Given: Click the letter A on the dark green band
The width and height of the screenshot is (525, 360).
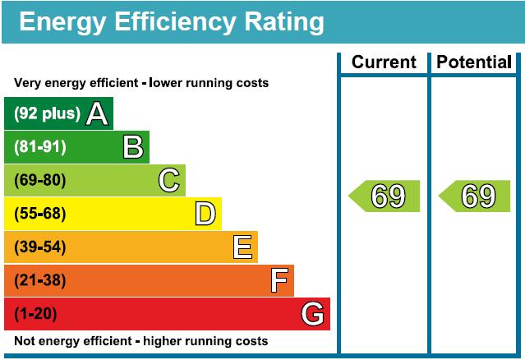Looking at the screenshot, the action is click(x=97, y=114).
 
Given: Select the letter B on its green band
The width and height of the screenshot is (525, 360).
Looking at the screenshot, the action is click(x=133, y=146).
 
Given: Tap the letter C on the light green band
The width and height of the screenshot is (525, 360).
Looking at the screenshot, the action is click(x=169, y=180).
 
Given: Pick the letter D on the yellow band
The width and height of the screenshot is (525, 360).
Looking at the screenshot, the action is click(x=205, y=214).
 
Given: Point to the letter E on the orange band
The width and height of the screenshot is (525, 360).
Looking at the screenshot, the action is click(x=242, y=247).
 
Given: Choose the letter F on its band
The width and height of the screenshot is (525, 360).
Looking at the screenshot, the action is click(x=279, y=280).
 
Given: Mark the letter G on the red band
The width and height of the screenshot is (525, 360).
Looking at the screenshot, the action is click(x=312, y=314).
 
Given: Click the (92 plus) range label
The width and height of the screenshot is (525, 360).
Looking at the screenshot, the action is click(x=47, y=113).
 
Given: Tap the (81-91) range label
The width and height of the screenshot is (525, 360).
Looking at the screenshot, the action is click(x=40, y=147).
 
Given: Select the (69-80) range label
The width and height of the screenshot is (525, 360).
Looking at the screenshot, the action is click(x=40, y=180).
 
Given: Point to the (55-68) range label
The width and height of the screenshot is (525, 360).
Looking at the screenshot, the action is click(x=40, y=214).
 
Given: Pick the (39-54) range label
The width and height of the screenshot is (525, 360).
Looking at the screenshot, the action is click(x=40, y=247).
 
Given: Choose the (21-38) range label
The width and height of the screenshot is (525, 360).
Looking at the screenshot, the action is click(x=40, y=280).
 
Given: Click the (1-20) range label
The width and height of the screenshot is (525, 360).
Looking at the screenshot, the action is click(x=35, y=314).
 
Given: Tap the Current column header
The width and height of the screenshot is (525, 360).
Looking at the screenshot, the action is click(x=384, y=62).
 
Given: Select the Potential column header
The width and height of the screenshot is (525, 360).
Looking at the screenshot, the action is click(x=474, y=62).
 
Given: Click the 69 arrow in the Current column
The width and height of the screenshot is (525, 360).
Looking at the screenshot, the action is click(x=384, y=196).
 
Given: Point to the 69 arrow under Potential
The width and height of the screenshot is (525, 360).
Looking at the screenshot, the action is click(x=474, y=196).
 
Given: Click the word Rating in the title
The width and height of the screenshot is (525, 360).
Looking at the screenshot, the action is click(x=284, y=22).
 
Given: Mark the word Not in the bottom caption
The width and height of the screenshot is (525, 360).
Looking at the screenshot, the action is click(x=25, y=341).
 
